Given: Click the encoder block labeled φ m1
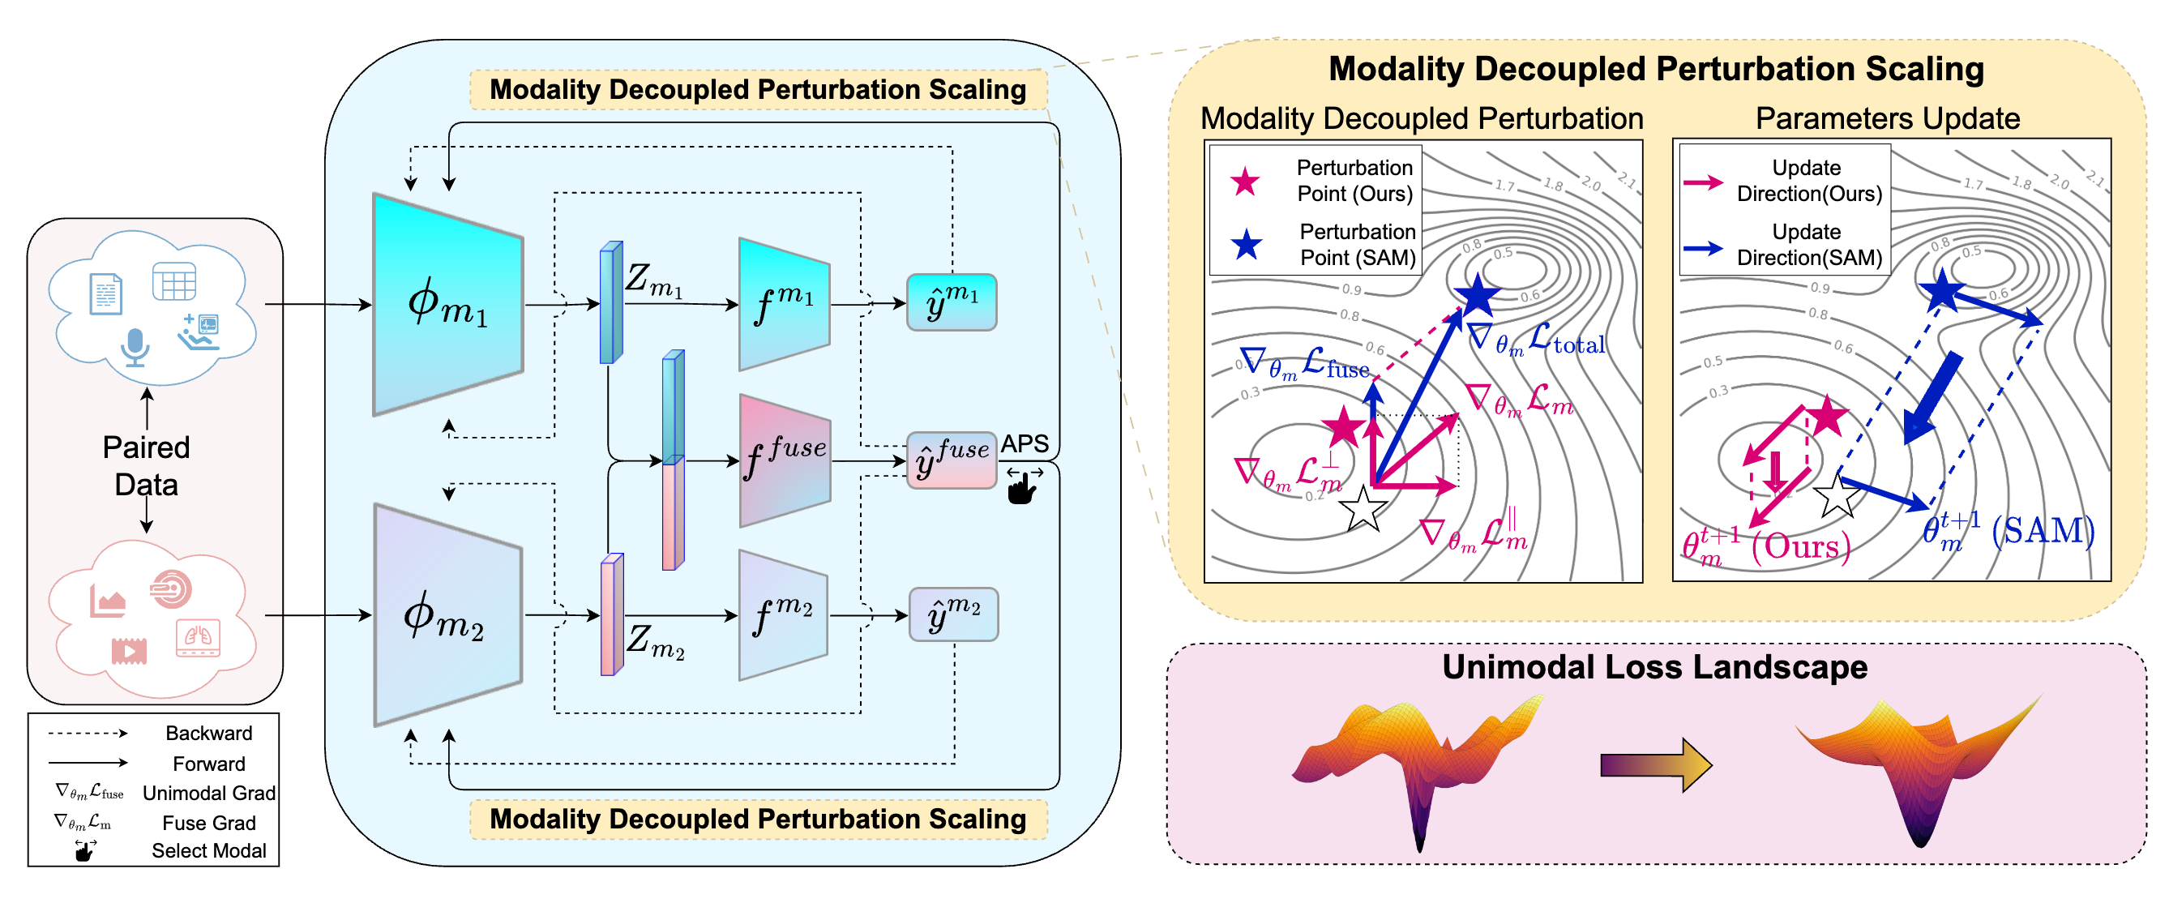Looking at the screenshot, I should point(447,304).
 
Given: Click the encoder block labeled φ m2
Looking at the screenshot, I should point(447,616).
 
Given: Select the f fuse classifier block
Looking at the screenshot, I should point(785,460).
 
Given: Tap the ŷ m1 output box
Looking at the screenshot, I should point(952,302).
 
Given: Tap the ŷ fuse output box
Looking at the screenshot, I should point(952,460).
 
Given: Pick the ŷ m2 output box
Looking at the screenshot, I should point(953,616).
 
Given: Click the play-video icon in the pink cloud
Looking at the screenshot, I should point(129,650).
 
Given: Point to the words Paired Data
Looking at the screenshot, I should point(146,466).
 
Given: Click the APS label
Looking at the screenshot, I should point(1024,444).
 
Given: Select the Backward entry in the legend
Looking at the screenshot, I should point(208,733).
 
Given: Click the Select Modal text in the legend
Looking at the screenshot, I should point(208,851).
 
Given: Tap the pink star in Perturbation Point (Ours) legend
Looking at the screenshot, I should point(1244,181).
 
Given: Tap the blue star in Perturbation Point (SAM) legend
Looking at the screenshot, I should point(1246,245).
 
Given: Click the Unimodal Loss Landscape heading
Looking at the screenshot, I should point(1654,667).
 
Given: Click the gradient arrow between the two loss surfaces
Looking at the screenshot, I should point(1655,765).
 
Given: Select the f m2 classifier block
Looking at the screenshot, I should point(783,616).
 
